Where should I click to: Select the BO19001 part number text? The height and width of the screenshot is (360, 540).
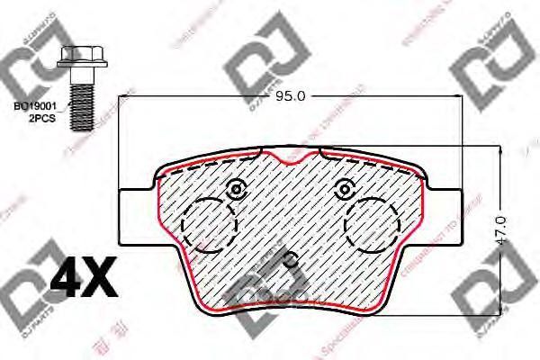(x=34, y=105)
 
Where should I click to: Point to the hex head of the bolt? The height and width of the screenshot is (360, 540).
(x=72, y=56)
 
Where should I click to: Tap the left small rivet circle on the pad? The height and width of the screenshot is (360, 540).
(x=237, y=190)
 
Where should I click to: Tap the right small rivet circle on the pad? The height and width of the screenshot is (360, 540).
(x=343, y=190)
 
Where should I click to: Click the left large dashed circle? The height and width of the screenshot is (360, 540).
(x=208, y=223)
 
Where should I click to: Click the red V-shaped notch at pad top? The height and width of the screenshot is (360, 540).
(x=290, y=160)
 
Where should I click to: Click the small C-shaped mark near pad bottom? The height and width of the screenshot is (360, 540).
(x=290, y=261)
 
